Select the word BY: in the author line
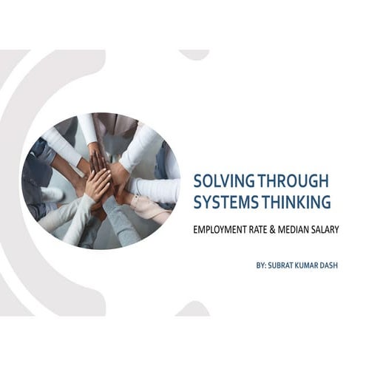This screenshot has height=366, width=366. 257,265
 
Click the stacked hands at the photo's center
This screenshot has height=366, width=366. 104,177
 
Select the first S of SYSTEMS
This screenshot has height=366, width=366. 197,201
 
